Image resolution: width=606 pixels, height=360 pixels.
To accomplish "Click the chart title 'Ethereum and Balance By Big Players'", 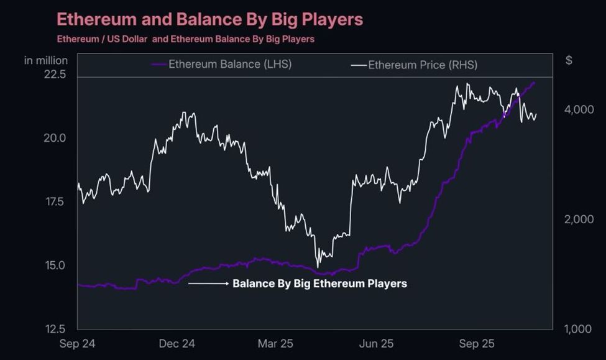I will (x=209, y=19).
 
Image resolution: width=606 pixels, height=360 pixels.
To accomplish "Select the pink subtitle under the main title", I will (x=185, y=39).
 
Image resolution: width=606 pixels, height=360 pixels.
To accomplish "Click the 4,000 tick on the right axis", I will (x=579, y=110).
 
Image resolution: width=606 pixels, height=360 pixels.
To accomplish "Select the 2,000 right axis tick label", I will (x=579, y=219).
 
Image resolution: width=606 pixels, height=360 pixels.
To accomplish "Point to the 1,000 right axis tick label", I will (x=579, y=330).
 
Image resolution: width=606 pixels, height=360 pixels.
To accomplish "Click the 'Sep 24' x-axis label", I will (x=78, y=344).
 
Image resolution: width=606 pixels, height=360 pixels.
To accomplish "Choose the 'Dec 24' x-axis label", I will (x=177, y=344).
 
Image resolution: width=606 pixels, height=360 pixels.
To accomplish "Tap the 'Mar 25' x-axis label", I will (x=276, y=344).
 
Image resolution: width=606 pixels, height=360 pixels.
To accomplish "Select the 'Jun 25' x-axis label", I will (x=377, y=344).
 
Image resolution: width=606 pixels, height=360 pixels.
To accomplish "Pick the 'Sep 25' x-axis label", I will (x=477, y=344).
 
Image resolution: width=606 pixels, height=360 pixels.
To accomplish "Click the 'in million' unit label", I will (x=46, y=60).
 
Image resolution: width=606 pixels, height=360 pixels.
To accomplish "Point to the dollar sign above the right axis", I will (x=569, y=60).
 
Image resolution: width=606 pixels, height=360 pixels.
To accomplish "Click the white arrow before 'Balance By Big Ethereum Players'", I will (x=209, y=284).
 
